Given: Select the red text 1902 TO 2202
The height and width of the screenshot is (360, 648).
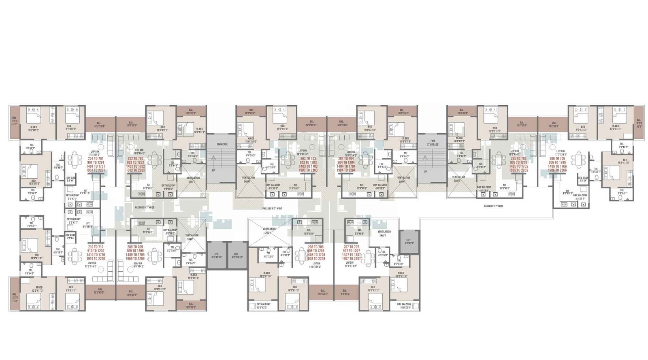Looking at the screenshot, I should pyautogui.click(x=135, y=170).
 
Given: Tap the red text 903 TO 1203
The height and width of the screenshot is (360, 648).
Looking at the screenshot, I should pyautogui.click(x=308, y=162).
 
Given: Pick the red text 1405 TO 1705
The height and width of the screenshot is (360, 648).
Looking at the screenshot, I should pyautogui.click(x=518, y=166).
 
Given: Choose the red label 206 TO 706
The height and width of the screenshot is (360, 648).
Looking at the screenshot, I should pyautogui.click(x=557, y=159).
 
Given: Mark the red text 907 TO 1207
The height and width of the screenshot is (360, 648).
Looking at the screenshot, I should pyautogui.click(x=351, y=251).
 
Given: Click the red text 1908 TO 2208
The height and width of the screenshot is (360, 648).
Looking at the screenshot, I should pyautogui.click(x=316, y=258).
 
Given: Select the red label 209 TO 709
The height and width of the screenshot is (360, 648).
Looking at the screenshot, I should pyautogui.click(x=135, y=247).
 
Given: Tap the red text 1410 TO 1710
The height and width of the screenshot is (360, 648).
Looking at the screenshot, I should pyautogui.click(x=95, y=255).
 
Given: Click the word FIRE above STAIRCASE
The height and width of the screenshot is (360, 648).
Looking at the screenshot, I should pyautogui.click(x=433, y=141).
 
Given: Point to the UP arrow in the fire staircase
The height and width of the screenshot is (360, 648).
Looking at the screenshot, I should pyautogui.click(x=425, y=172).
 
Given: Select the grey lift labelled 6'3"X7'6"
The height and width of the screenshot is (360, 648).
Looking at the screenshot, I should pyautogui.click(x=408, y=242).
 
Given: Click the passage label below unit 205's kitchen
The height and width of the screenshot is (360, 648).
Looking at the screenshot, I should pyautogui.click(x=493, y=206).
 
